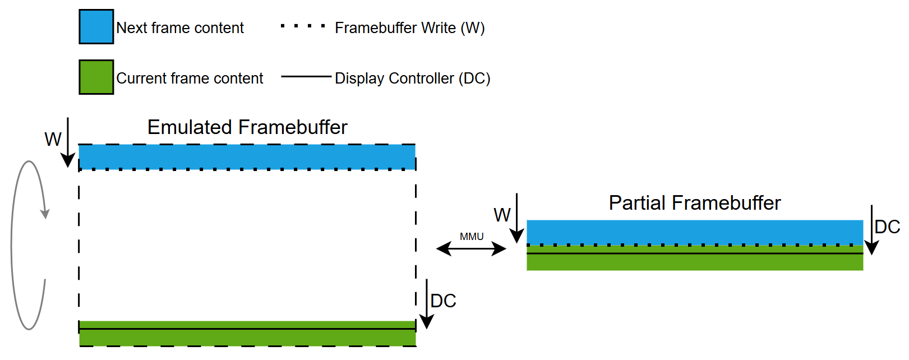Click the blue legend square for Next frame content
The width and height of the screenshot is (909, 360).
pos(96,26)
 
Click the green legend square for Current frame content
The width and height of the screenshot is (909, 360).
pos(96,77)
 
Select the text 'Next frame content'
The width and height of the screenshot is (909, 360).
pos(179,28)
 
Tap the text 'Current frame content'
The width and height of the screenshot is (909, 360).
pos(190,79)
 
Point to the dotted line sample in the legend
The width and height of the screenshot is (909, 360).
pos(303,26)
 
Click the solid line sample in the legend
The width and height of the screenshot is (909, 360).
pos(306,76)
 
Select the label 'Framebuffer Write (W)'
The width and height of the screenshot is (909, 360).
pos(409,28)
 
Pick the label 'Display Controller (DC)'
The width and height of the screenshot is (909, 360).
pos(412,79)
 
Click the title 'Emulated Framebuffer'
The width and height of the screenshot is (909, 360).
pos(247,127)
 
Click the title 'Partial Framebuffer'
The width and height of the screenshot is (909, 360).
pos(694,203)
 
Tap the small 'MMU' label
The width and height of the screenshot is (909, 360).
pos(472,237)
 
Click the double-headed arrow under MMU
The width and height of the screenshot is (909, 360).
pos(472,248)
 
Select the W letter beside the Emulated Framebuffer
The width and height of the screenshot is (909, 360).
pos(53,139)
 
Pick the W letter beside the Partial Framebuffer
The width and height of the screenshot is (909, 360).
pos(502,215)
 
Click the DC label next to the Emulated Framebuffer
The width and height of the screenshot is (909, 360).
pos(443,301)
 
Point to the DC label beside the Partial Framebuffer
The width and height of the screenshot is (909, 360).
pos(887,227)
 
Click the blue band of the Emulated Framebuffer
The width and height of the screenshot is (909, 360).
pos(247,156)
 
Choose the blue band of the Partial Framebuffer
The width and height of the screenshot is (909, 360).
pos(694,232)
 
